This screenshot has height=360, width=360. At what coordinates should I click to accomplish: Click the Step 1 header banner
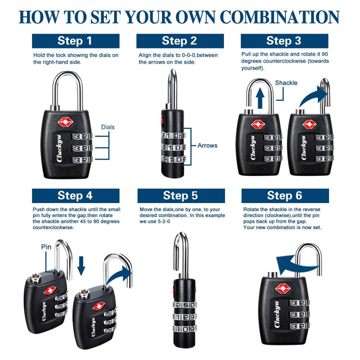pyautogui.click(x=75, y=41)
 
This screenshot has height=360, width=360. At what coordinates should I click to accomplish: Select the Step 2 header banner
pyautogui.click(x=179, y=41)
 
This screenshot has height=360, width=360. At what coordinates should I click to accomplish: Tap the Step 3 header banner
pyautogui.click(x=283, y=41)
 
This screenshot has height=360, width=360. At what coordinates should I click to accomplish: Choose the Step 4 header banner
pyautogui.click(x=75, y=195)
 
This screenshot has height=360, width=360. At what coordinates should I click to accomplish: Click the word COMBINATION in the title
pyautogui.click(x=280, y=16)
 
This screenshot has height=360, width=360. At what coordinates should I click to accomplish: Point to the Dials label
pyautogui.click(x=107, y=127)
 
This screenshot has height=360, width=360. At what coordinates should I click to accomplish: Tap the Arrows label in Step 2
pyautogui.click(x=207, y=145)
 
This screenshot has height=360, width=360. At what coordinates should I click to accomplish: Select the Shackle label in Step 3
pyautogui.click(x=286, y=83)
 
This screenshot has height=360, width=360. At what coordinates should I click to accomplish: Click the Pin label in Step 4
pyautogui.click(x=46, y=246)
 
